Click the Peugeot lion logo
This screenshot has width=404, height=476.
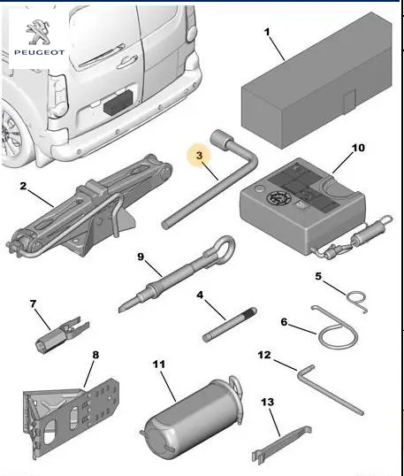(38, 32)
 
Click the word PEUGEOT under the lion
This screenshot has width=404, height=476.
(40, 52)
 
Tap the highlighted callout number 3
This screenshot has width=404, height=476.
(199, 156)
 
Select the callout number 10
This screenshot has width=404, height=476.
(358, 148)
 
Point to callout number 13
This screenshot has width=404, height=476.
(267, 403)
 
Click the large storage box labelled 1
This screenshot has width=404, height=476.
(316, 81)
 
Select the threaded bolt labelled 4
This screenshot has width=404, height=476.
(230, 325)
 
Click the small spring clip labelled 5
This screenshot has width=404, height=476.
(358, 301)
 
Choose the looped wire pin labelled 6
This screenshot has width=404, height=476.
(336, 329)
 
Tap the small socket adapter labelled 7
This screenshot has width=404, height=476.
(63, 334)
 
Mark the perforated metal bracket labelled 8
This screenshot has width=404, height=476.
(71, 418)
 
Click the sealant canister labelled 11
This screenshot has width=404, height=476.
(193, 417)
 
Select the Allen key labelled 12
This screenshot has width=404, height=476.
(331, 389)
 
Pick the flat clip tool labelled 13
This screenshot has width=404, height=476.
(282, 443)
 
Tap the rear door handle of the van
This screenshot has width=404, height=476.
(127, 62)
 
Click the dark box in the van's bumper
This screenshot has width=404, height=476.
(118, 102)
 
